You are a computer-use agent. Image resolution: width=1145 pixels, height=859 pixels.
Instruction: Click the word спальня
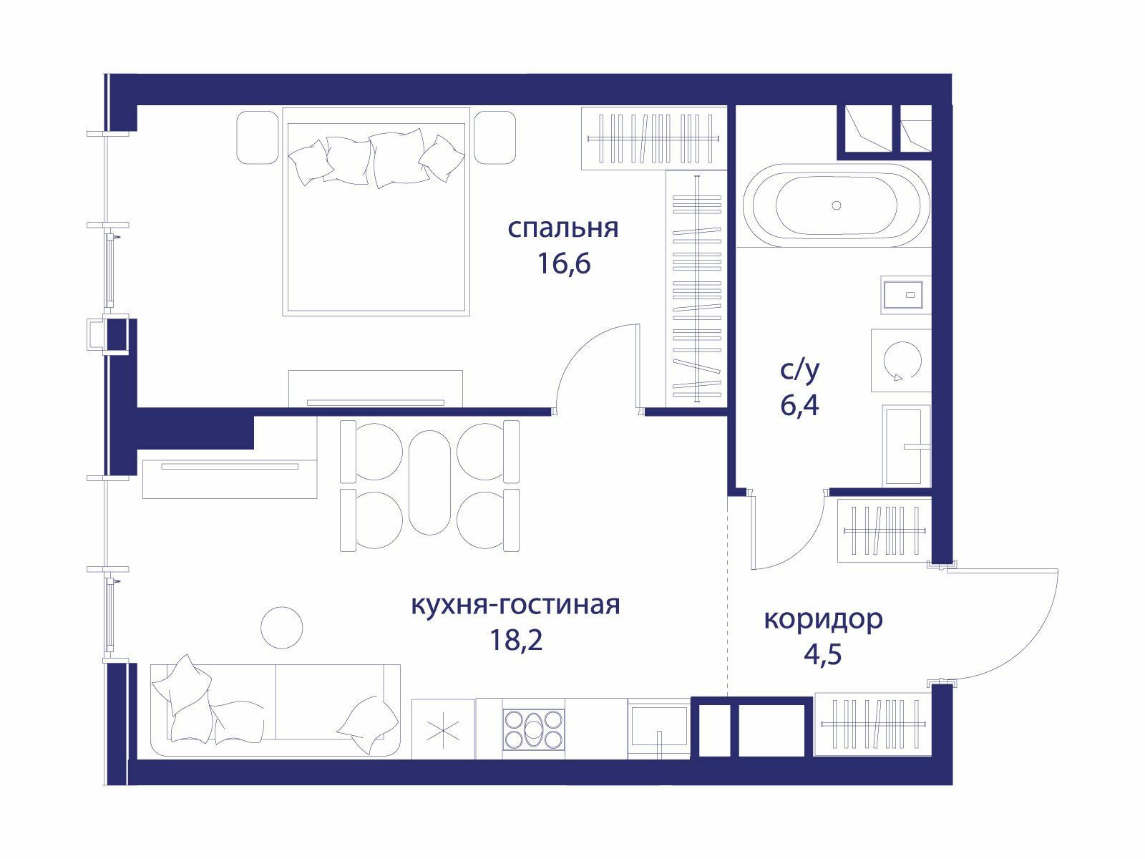click(563, 229)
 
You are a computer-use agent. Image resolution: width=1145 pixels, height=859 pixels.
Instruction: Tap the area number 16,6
click(564, 263)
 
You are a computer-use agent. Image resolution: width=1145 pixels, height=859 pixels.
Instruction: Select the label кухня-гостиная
click(515, 605)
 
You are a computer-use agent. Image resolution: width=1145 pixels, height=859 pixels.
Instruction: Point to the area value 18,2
click(516, 640)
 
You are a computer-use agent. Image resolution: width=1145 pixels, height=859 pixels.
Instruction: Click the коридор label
click(823, 620)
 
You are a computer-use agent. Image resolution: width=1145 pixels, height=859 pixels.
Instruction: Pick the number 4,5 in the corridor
click(823, 654)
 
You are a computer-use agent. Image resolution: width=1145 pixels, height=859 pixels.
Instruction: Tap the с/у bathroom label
click(799, 371)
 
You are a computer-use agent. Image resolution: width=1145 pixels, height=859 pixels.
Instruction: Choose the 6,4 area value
click(799, 405)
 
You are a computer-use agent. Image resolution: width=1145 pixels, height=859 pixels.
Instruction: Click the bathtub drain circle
click(836, 205)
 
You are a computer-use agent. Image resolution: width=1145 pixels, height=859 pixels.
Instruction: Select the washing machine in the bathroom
click(901, 360)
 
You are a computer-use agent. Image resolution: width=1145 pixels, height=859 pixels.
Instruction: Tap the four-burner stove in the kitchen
click(533, 729)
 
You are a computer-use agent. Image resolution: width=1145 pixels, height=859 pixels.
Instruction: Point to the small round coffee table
click(282, 628)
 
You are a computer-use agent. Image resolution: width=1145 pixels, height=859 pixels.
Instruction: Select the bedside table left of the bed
click(257, 137)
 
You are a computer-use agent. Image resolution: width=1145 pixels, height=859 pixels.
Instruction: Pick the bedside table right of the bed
click(495, 137)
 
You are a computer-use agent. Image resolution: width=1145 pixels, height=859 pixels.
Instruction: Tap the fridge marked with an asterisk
click(443, 729)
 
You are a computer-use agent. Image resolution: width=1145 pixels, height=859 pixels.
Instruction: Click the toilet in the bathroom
click(906, 447)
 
